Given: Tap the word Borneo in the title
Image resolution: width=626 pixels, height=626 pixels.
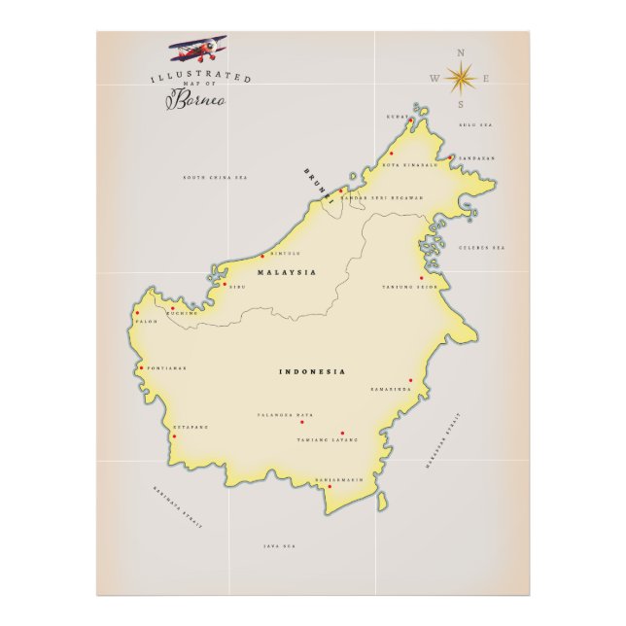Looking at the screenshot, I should pyautogui.click(x=203, y=100).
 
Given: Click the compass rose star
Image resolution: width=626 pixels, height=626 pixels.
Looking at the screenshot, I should pyautogui.click(x=460, y=77).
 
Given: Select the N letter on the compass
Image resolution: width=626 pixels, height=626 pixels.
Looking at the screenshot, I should pyautogui.click(x=461, y=52).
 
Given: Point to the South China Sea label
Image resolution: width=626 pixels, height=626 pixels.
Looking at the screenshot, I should pyautogui.click(x=216, y=178).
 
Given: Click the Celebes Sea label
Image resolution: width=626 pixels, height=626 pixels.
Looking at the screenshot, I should pyautogui.click(x=483, y=248).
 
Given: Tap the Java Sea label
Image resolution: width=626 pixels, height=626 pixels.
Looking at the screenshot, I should pyautogui.click(x=279, y=546).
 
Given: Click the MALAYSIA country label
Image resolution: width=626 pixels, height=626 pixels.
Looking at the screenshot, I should pyautogui.click(x=287, y=274).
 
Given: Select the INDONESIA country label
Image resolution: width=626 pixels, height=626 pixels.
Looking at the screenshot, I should pyautogui.click(x=313, y=371).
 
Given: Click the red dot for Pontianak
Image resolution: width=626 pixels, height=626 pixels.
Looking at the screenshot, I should pyautogui.click(x=141, y=367).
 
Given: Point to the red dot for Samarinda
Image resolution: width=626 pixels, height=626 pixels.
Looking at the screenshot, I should pyautogui.click(x=410, y=380).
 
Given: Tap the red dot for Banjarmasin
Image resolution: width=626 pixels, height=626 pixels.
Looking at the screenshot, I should pyautogui.click(x=329, y=487).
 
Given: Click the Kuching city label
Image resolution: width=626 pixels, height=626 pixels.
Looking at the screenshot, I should pyautogui.click(x=182, y=313).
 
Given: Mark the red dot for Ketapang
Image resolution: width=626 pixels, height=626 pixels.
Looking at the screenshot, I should pyautogui.click(x=174, y=436).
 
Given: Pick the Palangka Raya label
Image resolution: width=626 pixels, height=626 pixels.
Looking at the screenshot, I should pyautogui.click(x=286, y=415).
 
